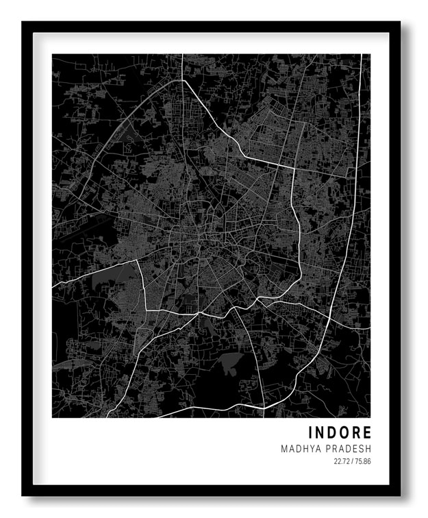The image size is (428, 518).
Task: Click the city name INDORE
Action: (x=340, y=433)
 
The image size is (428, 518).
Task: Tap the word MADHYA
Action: (x=299, y=449)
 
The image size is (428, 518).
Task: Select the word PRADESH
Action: (x=348, y=449)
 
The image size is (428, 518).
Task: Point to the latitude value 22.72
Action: (x=341, y=462)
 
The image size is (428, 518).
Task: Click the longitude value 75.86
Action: (x=362, y=462)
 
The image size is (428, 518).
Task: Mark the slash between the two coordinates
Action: (x=352, y=462)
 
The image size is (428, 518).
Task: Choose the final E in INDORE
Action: (x=368, y=433)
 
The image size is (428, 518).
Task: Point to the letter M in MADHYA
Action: (x=284, y=449)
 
